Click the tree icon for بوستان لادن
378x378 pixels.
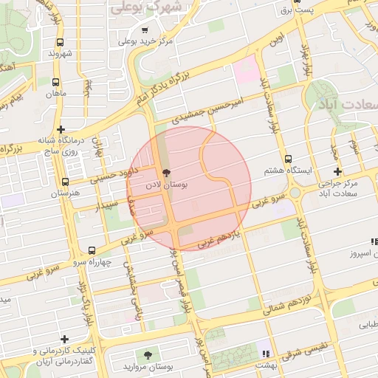(x=165, y=171)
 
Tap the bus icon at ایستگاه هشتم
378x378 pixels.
(x=289, y=158)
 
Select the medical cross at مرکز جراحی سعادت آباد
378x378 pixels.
(x=337, y=171)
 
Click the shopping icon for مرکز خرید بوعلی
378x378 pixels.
(x=142, y=31)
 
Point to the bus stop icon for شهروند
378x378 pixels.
(x=60, y=42)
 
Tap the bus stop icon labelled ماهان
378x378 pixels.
(x=57, y=82)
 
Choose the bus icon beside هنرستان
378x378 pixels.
(x=65, y=182)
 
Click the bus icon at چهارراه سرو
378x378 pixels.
(x=92, y=251)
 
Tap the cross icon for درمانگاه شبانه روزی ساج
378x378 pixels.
(x=61, y=128)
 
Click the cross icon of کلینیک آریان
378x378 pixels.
(x=65, y=339)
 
